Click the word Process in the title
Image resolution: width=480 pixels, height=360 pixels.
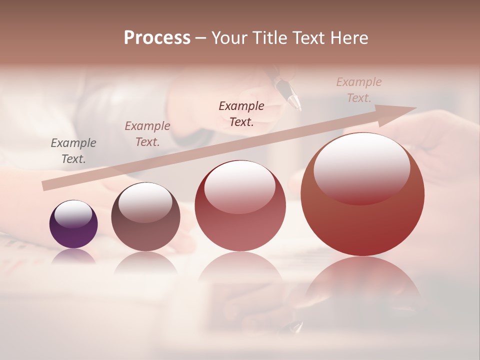(157, 38)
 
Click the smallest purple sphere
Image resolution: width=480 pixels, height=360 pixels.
(73, 224)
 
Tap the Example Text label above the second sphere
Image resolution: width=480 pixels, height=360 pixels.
(147, 134)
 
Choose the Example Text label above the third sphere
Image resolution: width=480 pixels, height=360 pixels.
(241, 113)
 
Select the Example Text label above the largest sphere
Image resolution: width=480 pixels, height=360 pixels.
(359, 90)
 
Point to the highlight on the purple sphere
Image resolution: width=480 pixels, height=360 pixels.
(73, 214)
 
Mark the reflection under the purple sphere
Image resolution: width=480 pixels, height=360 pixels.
(73, 256)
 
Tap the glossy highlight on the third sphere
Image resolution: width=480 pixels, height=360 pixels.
(240, 186)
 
